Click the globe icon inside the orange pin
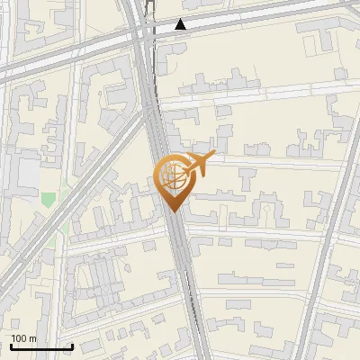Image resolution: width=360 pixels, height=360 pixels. click(x=173, y=176)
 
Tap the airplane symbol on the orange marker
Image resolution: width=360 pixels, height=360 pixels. click(x=198, y=163)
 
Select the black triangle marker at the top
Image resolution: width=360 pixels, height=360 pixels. click(x=181, y=24)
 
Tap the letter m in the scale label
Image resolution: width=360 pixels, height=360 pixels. click(x=33, y=338)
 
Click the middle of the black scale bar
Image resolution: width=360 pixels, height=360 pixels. click(x=41, y=346)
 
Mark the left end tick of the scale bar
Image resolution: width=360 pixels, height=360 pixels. click(x=11, y=345)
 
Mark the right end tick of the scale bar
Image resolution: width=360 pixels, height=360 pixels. click(x=72, y=345)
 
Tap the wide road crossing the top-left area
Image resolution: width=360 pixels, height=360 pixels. click(x=63, y=58)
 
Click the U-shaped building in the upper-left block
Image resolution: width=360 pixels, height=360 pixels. click(x=117, y=85)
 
